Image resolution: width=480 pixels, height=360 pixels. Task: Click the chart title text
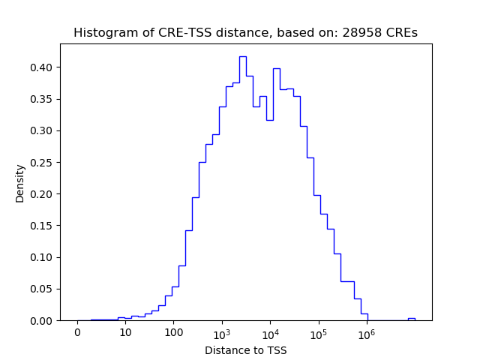pyautogui.click(x=245, y=33)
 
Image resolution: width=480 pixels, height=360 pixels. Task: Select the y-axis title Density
pyautogui.click(x=20, y=183)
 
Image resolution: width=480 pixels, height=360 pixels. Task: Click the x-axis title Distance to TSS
pyautogui.click(x=245, y=350)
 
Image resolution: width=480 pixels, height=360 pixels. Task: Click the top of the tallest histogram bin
pyautogui.click(x=243, y=56)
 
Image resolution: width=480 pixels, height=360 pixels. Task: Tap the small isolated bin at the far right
pyautogui.click(x=411, y=319)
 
